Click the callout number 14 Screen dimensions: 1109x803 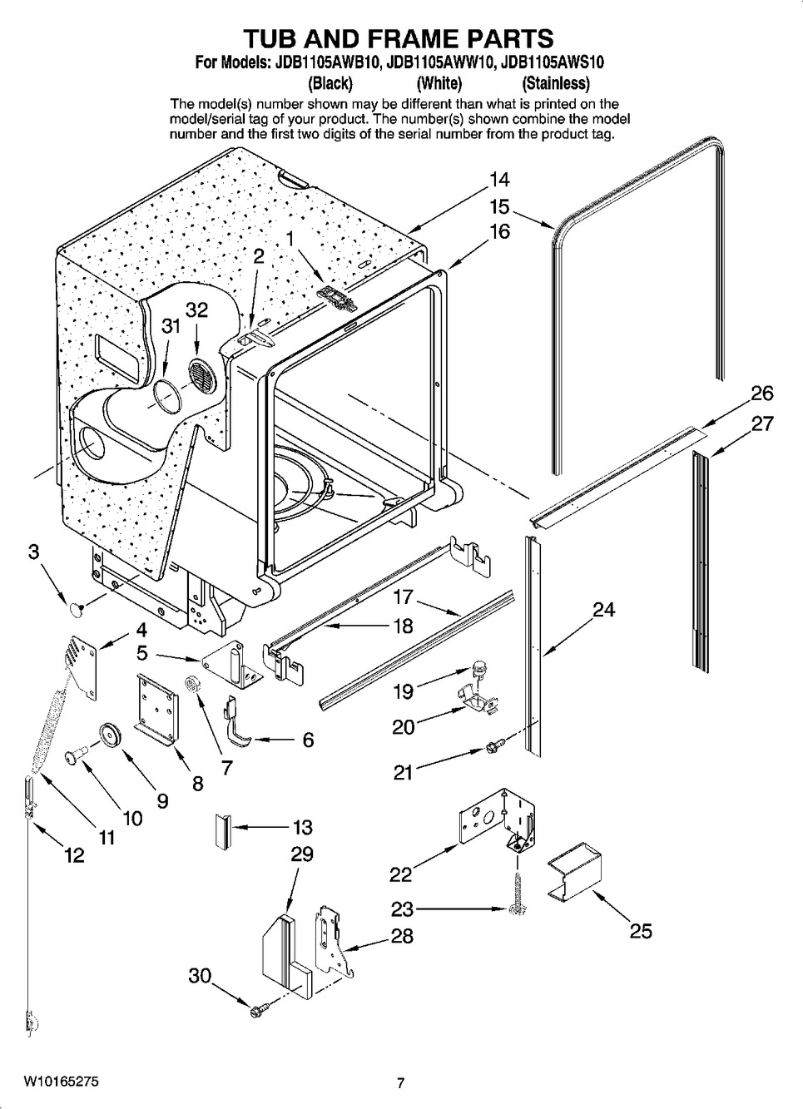499,179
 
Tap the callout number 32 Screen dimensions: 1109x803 196,309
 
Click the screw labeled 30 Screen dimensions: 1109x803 257,1011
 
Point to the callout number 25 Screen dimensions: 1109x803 641,930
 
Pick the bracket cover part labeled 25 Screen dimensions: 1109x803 574,877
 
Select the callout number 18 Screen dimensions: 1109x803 403,626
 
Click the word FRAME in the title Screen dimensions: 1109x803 404,37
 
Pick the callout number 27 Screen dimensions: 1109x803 762,423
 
